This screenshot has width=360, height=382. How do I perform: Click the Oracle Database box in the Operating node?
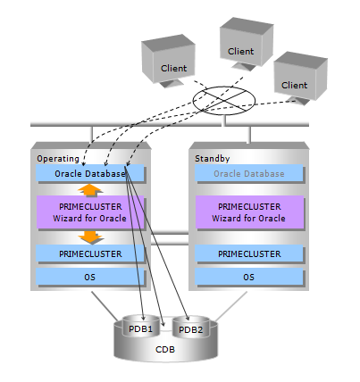coord(90,173)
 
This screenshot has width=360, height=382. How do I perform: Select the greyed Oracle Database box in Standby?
coord(249,173)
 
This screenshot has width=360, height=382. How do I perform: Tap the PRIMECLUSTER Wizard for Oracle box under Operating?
coord(90,212)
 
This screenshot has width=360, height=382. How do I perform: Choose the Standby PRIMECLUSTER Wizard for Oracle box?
coord(249,212)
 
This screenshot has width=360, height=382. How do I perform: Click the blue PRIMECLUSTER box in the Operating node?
coord(90,253)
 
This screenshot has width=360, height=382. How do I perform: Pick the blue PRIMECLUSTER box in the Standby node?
coord(249,253)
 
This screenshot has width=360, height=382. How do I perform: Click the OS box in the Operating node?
coord(90,277)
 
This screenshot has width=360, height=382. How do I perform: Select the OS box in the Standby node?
coord(249,277)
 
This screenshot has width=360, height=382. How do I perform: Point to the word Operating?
coord(58,159)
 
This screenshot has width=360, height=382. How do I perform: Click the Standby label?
coord(213,159)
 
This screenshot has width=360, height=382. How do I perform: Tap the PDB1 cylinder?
coord(140,327)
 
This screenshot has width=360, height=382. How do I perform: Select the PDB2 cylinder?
coord(191,328)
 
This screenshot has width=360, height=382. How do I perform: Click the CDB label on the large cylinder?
coord(165,350)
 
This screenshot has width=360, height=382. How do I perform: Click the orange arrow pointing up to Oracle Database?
coord(90,190)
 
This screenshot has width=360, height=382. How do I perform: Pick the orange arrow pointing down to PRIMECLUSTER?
coord(91,237)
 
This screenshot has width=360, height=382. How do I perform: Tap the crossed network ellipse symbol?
coord(224,101)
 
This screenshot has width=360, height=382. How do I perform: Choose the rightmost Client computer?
coord(300,78)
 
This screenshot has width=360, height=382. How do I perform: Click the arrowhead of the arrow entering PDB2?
coord(188,319)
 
